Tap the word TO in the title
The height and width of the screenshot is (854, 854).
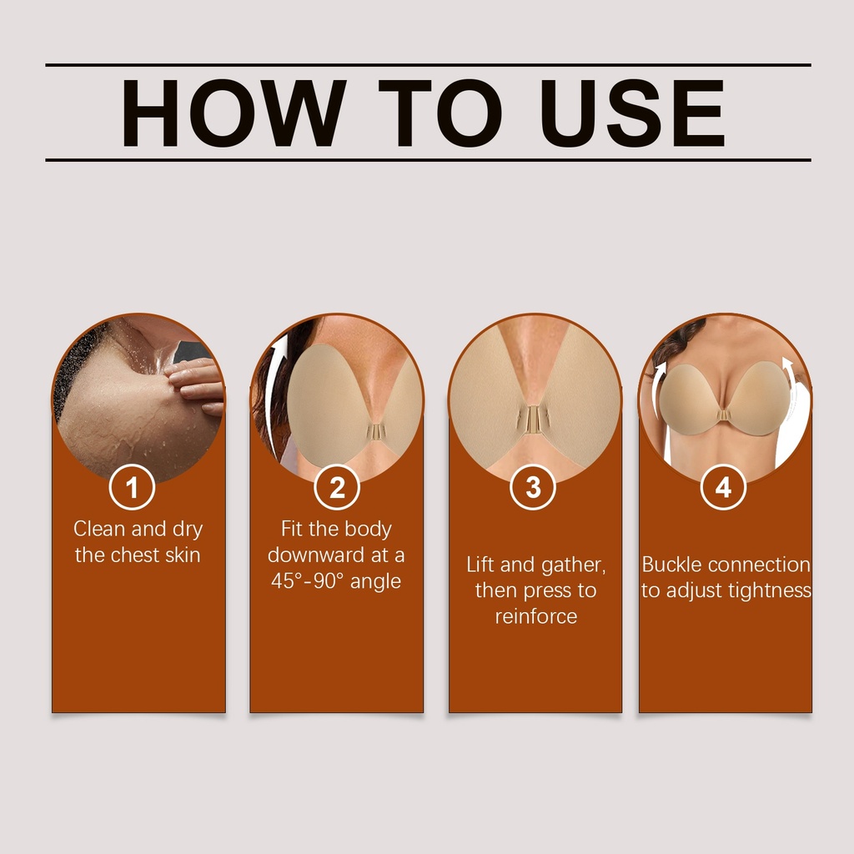tap(440, 113)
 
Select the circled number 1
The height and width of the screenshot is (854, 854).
tap(132, 487)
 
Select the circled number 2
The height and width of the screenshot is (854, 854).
tap(337, 487)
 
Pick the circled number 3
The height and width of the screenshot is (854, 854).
tap(533, 487)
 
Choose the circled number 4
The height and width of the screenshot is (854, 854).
tap(723, 487)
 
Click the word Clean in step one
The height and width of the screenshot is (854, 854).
tap(100, 528)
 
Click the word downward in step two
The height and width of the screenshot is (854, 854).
tap(316, 555)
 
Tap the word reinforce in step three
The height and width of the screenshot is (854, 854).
tap(536, 616)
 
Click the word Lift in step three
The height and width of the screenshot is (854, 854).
tap(480, 565)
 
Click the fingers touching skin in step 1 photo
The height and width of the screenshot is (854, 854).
tap(195, 384)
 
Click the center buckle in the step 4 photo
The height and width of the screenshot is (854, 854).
tap(724, 415)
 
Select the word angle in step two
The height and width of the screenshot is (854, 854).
tap(375, 581)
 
